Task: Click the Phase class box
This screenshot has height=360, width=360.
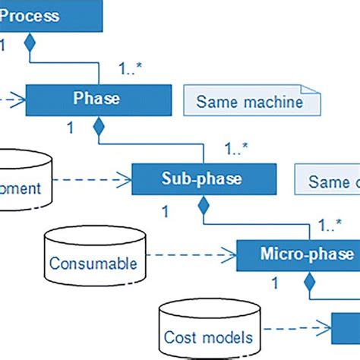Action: click(96, 99)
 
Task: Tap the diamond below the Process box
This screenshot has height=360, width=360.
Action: click(30, 43)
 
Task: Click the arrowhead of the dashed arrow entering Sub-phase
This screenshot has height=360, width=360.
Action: click(127, 180)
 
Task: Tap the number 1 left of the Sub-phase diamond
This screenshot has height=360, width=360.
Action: click(165, 208)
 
